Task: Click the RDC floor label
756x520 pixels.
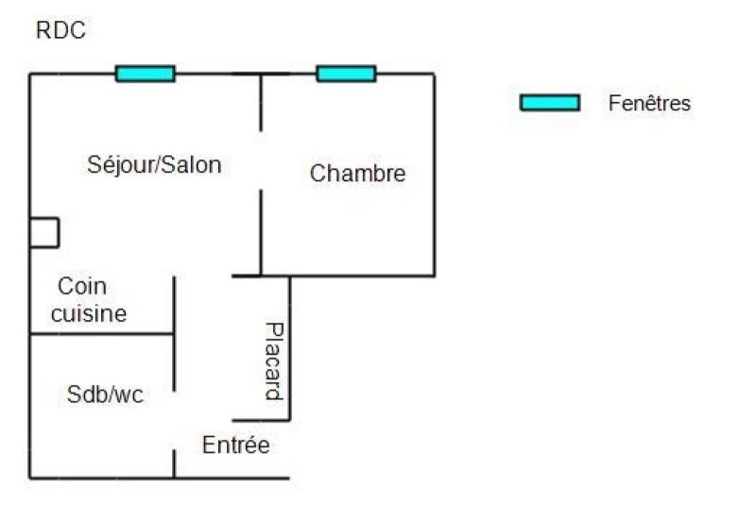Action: (60, 30)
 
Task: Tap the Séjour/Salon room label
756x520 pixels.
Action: (154, 165)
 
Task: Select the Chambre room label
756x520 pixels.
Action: (358, 174)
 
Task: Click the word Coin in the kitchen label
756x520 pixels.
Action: (82, 286)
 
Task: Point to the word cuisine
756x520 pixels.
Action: (89, 314)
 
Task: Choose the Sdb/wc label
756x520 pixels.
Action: (105, 394)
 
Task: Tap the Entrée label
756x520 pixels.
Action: (235, 445)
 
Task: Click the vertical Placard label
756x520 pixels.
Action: (274, 361)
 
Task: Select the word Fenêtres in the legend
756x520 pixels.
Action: (649, 103)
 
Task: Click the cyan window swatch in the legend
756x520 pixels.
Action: (550, 103)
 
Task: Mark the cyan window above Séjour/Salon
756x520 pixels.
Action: (146, 74)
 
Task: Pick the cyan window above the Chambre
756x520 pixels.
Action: (346, 74)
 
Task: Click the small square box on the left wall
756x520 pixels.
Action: (44, 233)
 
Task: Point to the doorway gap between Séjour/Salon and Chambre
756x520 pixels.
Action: (261, 160)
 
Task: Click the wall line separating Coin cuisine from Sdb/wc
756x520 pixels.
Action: (102, 333)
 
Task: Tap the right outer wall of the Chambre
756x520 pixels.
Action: (435, 175)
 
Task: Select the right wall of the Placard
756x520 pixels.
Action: (290, 348)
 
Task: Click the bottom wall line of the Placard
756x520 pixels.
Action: (261, 420)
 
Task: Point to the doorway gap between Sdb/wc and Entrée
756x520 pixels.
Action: (174, 420)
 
